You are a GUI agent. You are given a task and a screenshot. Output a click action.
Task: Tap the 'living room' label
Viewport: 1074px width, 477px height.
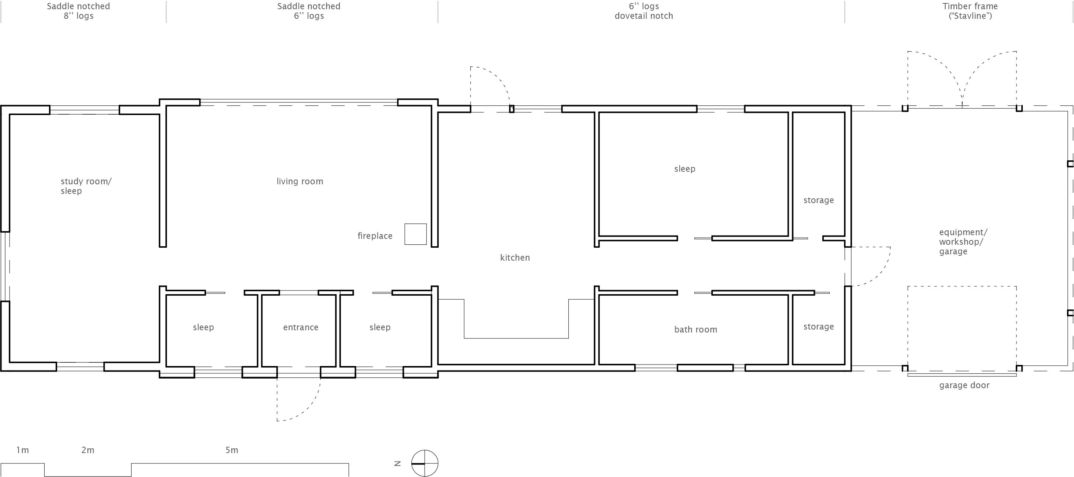pyautogui.click(x=300, y=181)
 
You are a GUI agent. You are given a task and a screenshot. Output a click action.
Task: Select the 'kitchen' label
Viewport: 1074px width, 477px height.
pyautogui.click(x=515, y=258)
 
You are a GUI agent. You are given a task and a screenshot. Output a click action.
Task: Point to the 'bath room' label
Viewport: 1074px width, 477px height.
pyautogui.click(x=695, y=330)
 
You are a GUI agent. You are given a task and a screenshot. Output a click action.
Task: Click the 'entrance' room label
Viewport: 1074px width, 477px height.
pyautogui.click(x=301, y=327)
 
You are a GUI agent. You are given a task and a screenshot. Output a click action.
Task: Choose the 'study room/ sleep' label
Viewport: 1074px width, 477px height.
pyautogui.click(x=86, y=186)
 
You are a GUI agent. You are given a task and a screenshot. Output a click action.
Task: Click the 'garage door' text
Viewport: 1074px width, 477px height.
pyautogui.click(x=964, y=386)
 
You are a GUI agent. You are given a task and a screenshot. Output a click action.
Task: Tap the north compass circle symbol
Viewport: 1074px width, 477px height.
pyautogui.click(x=425, y=463)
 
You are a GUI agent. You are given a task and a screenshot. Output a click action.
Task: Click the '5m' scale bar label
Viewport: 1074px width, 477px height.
pyautogui.click(x=232, y=450)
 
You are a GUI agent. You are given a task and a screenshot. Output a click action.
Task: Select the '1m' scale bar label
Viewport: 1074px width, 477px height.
pyautogui.click(x=22, y=450)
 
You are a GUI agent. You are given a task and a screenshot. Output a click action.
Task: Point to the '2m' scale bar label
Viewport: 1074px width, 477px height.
pyautogui.click(x=88, y=450)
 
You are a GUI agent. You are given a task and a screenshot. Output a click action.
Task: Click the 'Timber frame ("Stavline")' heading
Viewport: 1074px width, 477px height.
pyautogui.click(x=970, y=11)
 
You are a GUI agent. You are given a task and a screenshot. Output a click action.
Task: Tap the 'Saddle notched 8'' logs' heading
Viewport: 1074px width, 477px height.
pyautogui.click(x=79, y=11)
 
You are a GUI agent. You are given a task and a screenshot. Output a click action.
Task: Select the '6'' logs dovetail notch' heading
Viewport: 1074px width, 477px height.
pyautogui.click(x=644, y=11)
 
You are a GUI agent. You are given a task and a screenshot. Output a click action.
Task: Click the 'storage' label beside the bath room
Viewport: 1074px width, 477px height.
pyautogui.click(x=819, y=327)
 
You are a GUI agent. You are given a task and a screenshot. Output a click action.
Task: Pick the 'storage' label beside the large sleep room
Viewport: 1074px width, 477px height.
pyautogui.click(x=819, y=200)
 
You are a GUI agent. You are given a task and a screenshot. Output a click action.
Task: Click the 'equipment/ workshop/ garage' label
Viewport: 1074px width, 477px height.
pyautogui.click(x=963, y=242)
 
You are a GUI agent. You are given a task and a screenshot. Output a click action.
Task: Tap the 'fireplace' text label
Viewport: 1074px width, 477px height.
pyautogui.click(x=375, y=236)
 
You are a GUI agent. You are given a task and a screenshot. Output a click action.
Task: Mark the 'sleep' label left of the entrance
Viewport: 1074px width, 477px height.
pyautogui.click(x=203, y=327)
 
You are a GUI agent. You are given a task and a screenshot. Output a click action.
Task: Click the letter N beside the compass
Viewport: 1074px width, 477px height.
pyautogui.click(x=397, y=463)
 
